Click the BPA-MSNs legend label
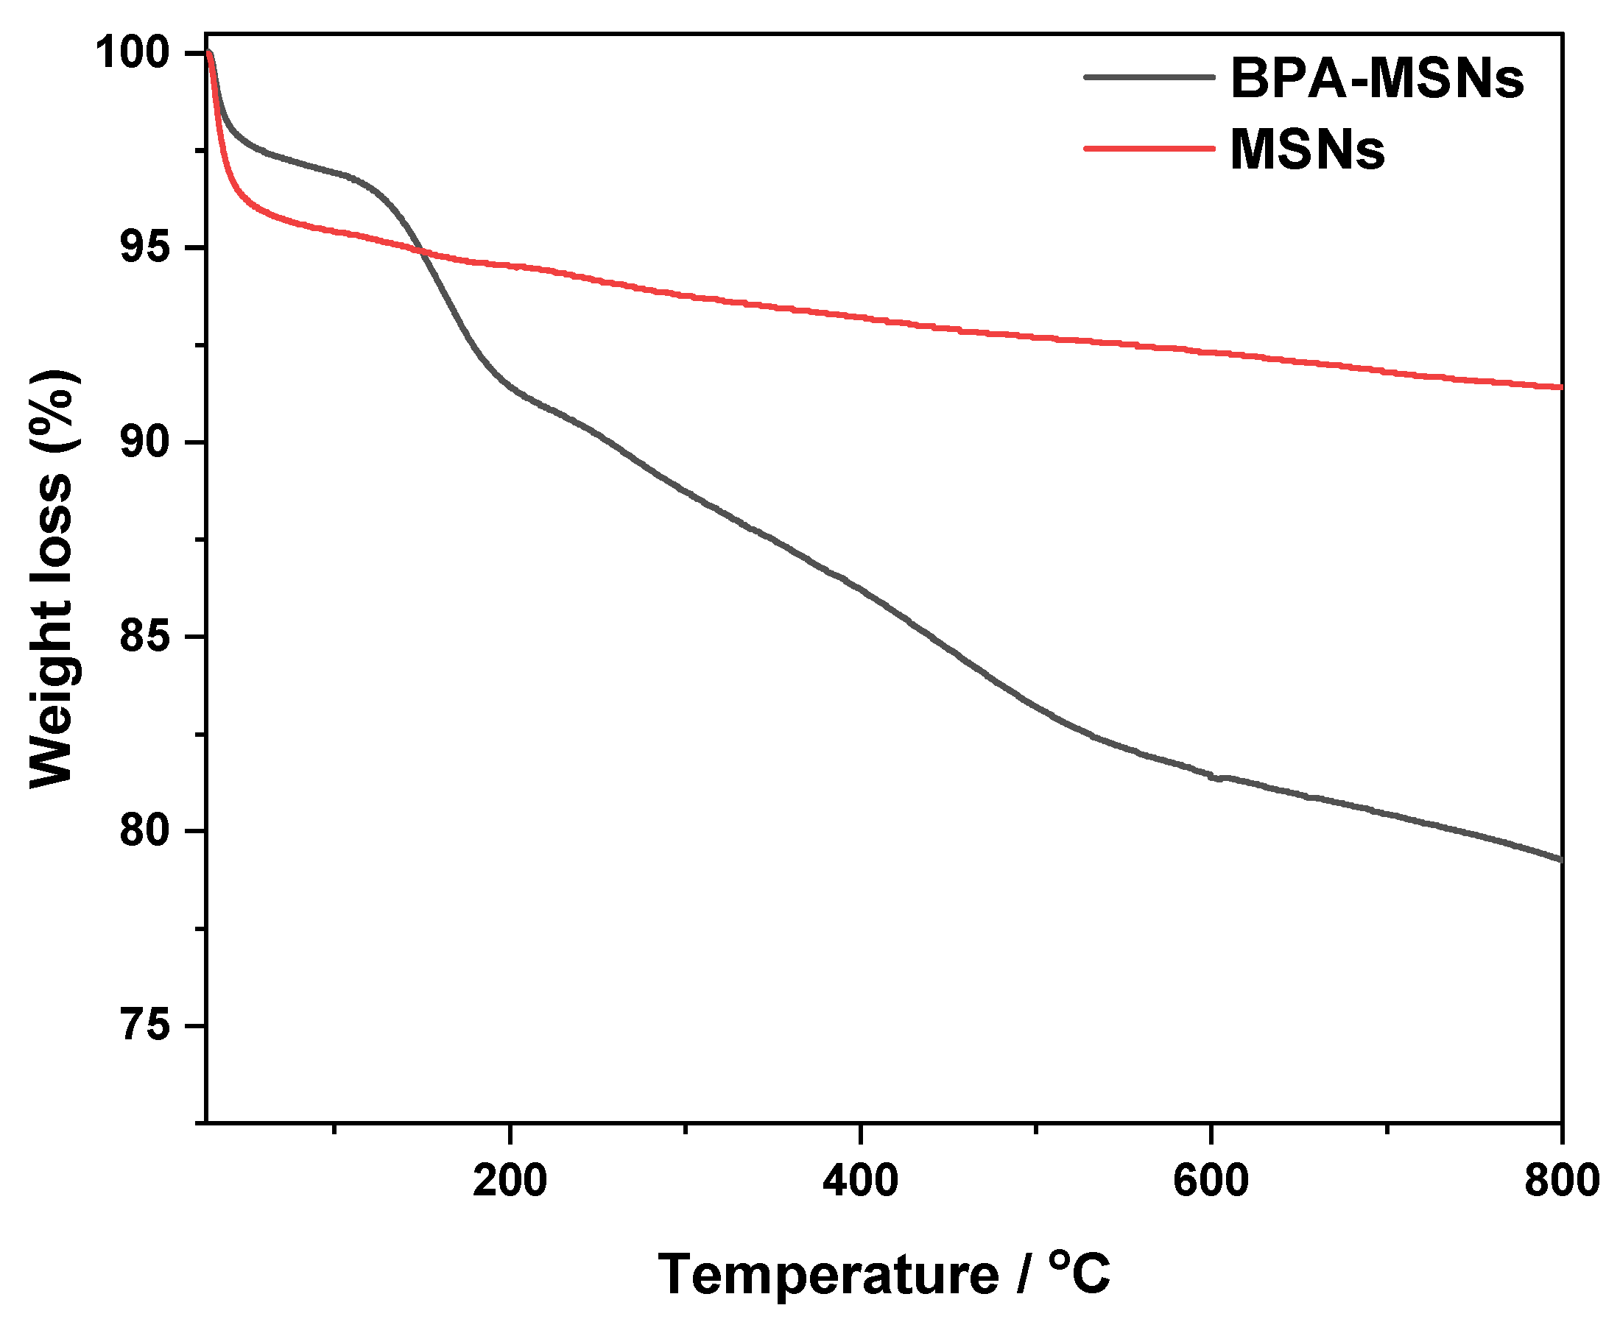(1376, 78)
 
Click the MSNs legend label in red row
(1306, 149)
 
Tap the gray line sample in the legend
(1149, 77)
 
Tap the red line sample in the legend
(1149, 147)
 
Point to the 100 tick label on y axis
(132, 53)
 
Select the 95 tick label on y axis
(144, 248)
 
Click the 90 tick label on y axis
(144, 442)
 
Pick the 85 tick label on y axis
(144, 637)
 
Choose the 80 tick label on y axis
(144, 831)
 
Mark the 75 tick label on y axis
(144, 1026)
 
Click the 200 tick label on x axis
(510, 1180)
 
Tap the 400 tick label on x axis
(860, 1180)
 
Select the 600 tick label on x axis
(1211, 1180)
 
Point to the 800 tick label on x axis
(1561, 1180)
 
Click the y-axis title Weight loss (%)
(52, 580)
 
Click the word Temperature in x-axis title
(828, 1276)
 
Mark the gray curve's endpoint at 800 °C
(1560, 859)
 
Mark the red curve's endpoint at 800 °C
(1560, 387)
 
